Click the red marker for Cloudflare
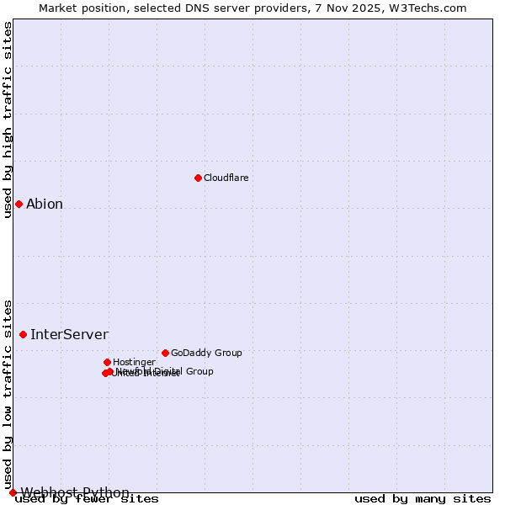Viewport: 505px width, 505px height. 198,178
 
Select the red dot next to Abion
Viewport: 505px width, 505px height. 19,204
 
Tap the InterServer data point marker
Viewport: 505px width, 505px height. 23,334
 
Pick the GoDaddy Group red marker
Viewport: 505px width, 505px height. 165,353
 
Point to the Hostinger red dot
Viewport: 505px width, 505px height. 107,362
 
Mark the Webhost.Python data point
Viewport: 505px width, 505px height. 13,492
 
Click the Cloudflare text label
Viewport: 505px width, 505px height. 226,178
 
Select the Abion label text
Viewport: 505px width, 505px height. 45,204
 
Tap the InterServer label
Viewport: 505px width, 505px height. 69,334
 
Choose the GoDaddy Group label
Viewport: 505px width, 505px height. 206,353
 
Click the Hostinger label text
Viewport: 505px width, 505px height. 134,362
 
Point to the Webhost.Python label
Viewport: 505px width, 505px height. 75,492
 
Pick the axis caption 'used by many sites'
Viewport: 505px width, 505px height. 423,499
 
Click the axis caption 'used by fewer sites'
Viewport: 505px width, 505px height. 87,499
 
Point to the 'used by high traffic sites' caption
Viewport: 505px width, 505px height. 8,120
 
